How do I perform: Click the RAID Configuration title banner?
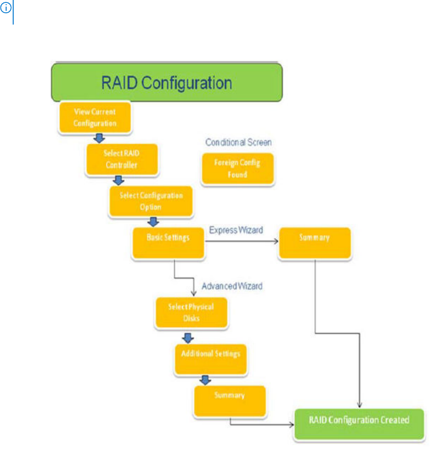point(167,83)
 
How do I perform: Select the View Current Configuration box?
point(95,117)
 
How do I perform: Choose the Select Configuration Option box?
point(151,201)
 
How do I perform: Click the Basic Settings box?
point(169,243)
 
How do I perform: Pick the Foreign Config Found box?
point(237,169)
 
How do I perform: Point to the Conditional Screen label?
point(238,142)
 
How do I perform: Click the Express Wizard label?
point(236,230)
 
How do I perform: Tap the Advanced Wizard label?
point(232,286)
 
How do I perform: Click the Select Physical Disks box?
point(191,312)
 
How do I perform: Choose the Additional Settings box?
point(210,357)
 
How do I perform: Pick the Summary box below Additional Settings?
point(230,400)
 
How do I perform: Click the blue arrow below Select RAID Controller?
point(119,180)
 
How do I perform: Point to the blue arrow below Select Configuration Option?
point(153,222)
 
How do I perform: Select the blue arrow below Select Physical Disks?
point(188,337)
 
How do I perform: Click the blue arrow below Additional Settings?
point(205,379)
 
